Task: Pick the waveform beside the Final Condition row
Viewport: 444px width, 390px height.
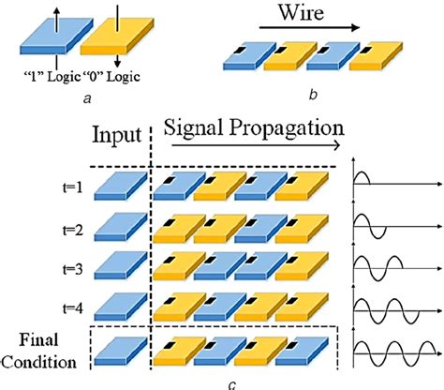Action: click(x=393, y=353)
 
